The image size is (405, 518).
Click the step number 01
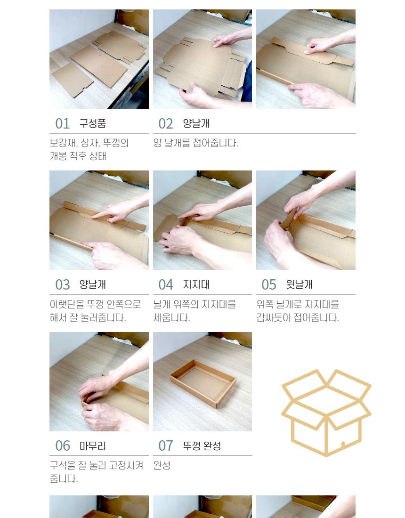63,123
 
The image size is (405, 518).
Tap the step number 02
165,123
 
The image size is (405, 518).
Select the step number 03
63,285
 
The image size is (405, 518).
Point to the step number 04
165,285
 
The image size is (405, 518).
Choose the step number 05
269,285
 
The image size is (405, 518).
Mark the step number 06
63,446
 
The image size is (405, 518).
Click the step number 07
165,446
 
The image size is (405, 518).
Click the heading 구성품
92,123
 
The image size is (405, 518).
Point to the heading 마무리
92,446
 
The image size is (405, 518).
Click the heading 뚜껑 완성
202,446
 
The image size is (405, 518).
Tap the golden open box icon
326,413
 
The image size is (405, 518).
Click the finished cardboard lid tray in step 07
203,383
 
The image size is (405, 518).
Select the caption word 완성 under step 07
162,465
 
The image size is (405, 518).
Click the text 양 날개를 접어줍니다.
195,143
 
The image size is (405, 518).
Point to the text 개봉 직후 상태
78,156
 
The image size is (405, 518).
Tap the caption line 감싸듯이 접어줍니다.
298,317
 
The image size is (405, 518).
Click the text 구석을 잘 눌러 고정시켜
97,465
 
